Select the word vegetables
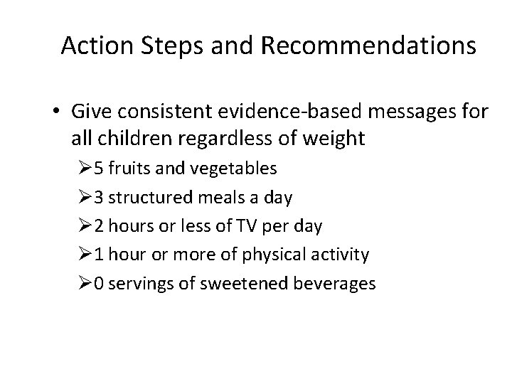(241, 169)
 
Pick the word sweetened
(250, 283)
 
